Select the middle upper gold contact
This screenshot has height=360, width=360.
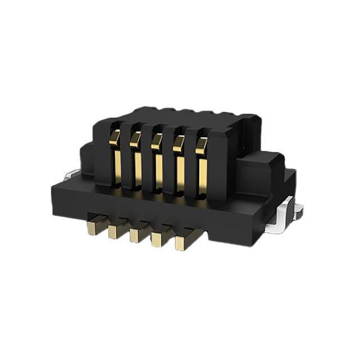pos(157,163)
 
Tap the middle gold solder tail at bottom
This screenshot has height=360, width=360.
pos(137,235)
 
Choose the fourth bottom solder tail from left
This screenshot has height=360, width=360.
pos(159,239)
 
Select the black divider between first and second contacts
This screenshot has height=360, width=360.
pos(125,160)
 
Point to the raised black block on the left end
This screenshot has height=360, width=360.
pos(87,160)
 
